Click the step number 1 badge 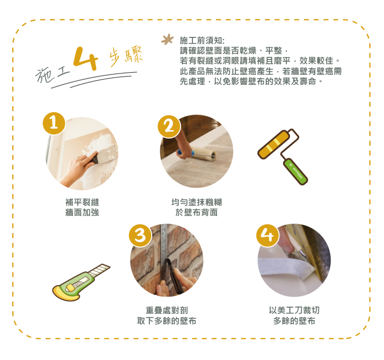(54, 123)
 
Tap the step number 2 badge (169, 126)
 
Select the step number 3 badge (140, 235)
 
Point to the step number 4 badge (268, 236)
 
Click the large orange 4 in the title (86, 58)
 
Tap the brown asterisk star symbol (168, 39)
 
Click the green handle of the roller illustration (295, 171)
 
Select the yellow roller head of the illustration (274, 145)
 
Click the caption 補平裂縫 (82, 202)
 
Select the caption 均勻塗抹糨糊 (197, 202)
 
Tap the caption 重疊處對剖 (167, 310)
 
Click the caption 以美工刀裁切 (294, 310)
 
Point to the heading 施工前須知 (202, 40)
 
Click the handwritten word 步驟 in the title (126, 56)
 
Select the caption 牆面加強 (82, 212)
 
